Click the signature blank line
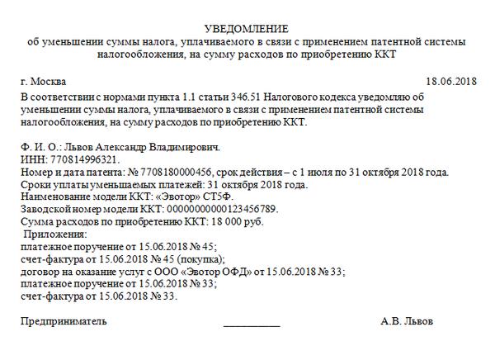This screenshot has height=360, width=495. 252,323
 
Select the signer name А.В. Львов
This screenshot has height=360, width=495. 407,321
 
